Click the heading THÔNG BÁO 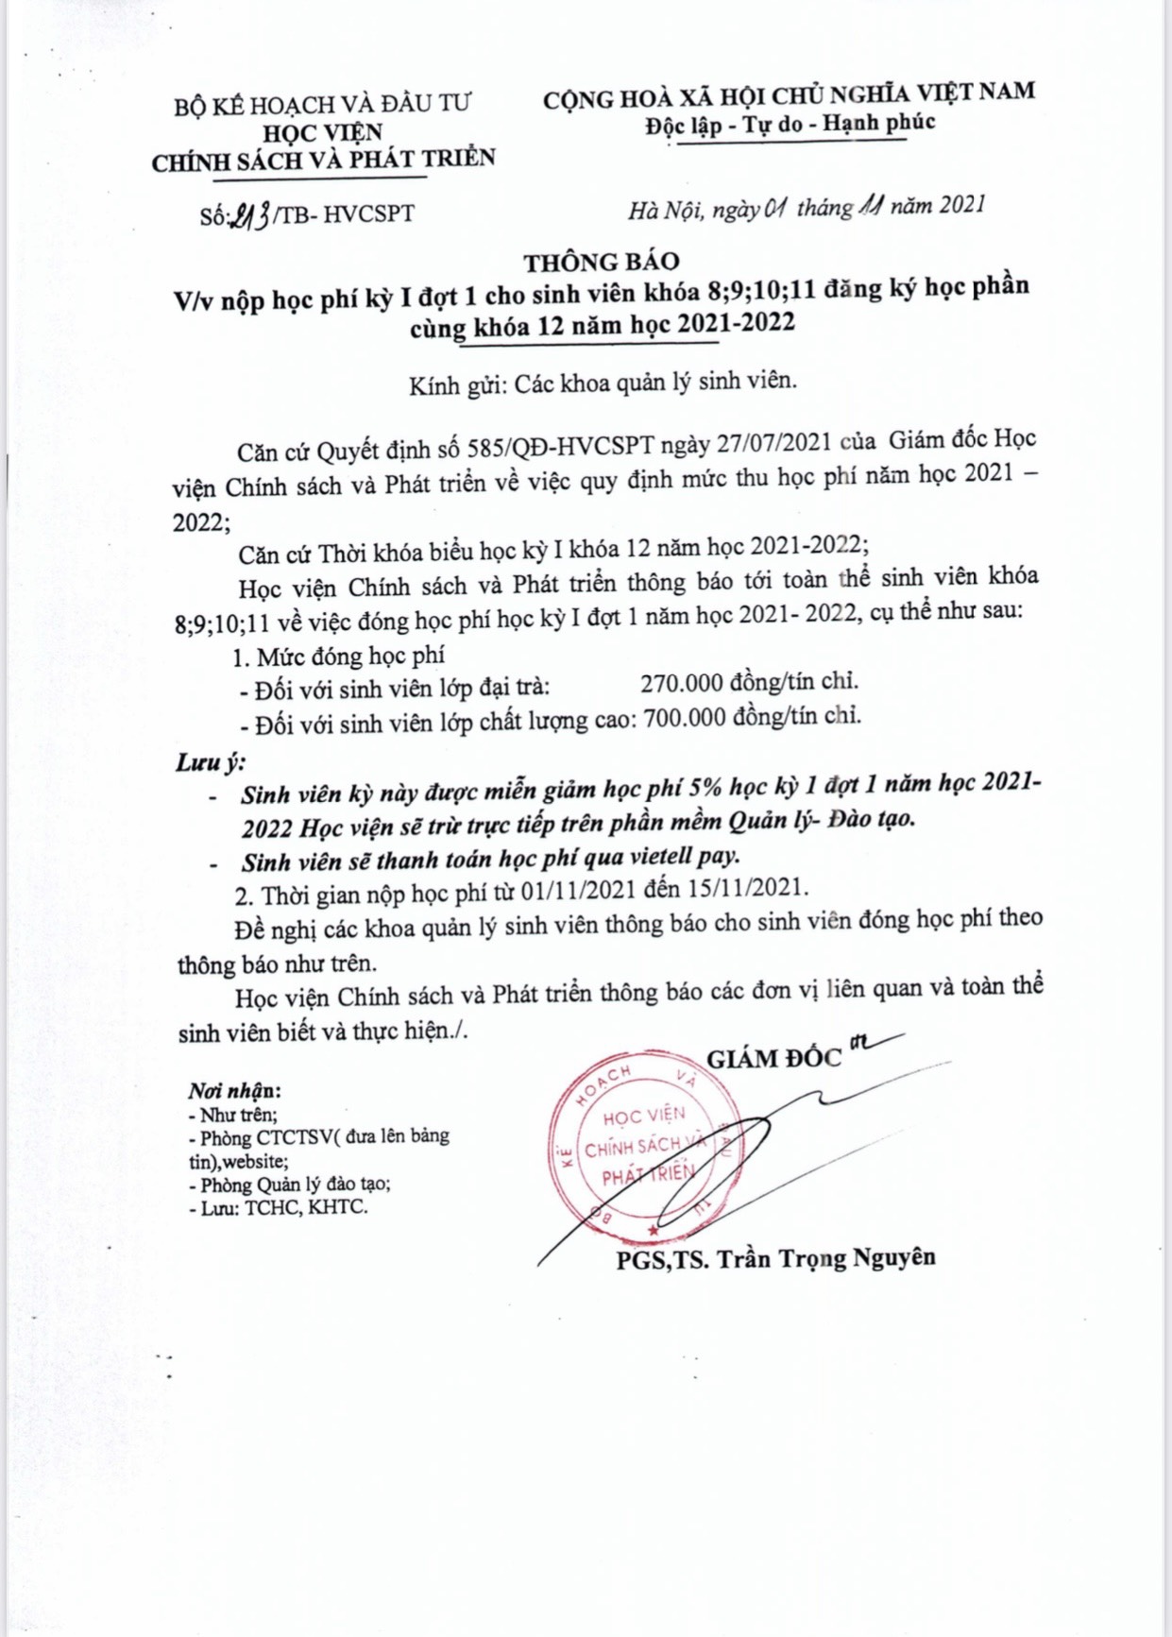602,262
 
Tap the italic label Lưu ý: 210,762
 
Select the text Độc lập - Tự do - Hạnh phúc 790,124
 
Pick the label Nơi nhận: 234,1091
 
